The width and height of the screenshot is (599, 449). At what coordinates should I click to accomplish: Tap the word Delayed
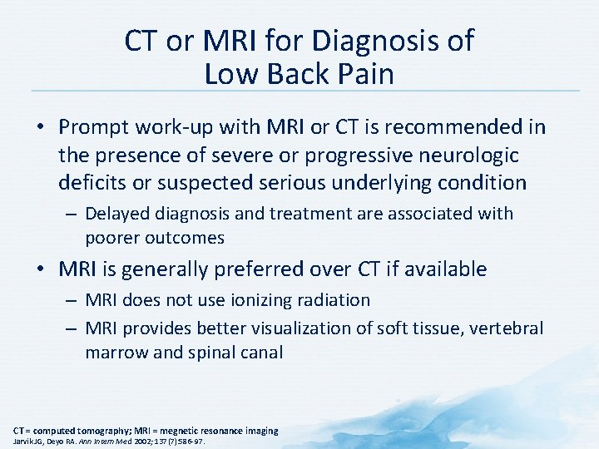coord(116,214)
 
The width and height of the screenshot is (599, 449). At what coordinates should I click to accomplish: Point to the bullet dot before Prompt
coord(41,128)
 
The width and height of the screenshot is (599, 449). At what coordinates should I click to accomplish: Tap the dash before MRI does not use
coord(70,300)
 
